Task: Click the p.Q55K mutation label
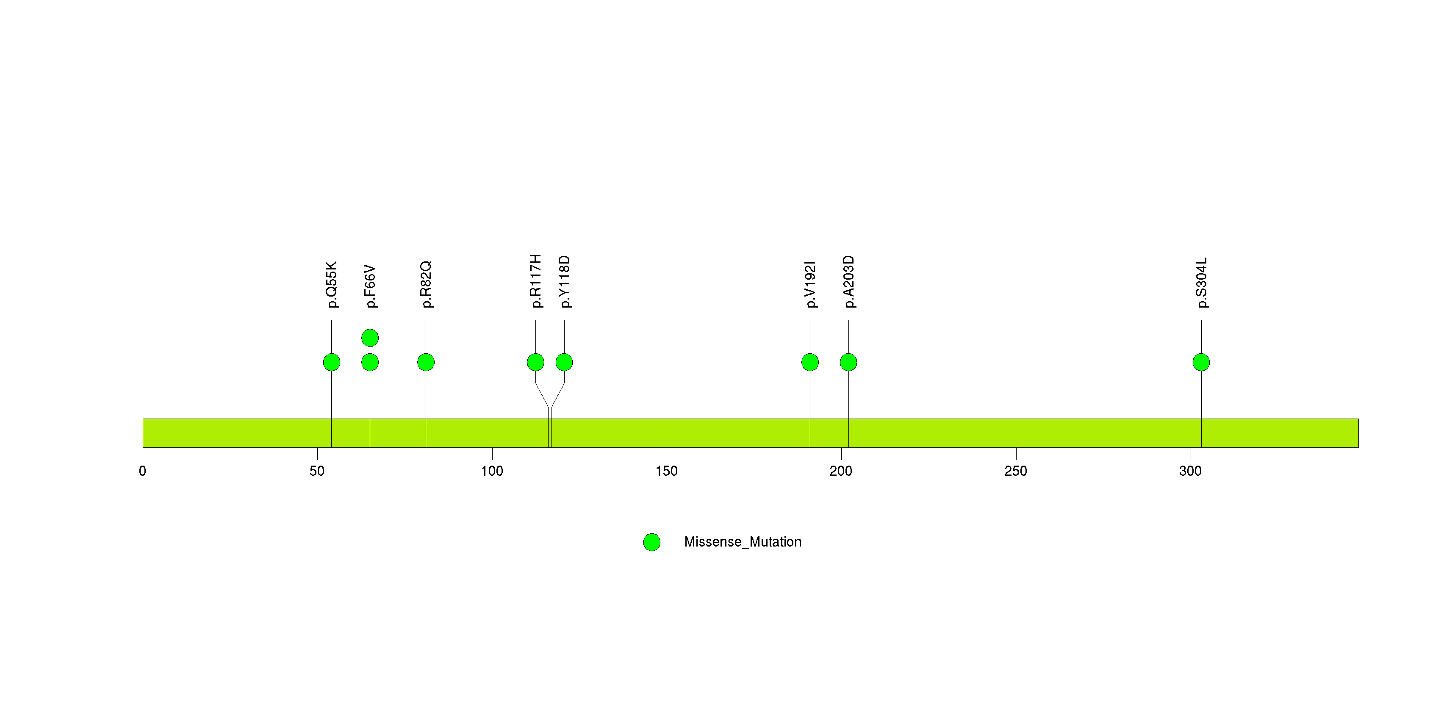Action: pyautogui.click(x=331, y=284)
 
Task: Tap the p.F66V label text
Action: pyautogui.click(x=370, y=286)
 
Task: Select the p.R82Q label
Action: pyautogui.click(x=426, y=284)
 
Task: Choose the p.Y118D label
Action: pyautogui.click(x=565, y=281)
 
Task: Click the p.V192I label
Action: pyautogui.click(x=810, y=284)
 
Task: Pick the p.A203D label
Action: pyautogui.click(x=849, y=281)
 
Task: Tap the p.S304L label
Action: pyautogui.click(x=1202, y=283)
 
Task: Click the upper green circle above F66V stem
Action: pyautogui.click(x=370, y=338)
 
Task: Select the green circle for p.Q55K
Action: pyautogui.click(x=331, y=362)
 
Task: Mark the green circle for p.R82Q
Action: pyautogui.click(x=426, y=362)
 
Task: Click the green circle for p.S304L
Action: pyautogui.click(x=1201, y=362)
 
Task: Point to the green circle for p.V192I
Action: pyautogui.click(x=810, y=362)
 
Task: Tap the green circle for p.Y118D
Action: pyautogui.click(x=564, y=362)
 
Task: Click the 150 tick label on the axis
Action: pyautogui.click(x=666, y=471)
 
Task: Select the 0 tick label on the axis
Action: pyautogui.click(x=143, y=471)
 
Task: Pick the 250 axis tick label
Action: pyautogui.click(x=1016, y=471)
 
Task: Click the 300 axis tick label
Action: pyautogui.click(x=1190, y=471)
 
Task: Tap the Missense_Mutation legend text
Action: pyautogui.click(x=743, y=542)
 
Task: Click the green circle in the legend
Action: pyautogui.click(x=652, y=542)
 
